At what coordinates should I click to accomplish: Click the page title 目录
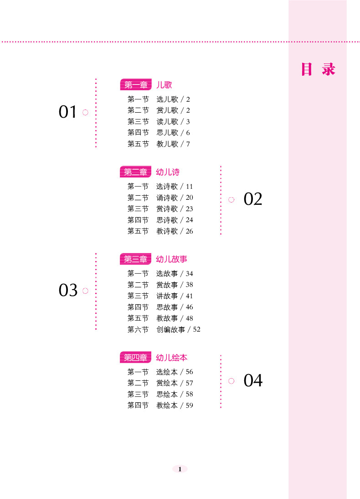(x=318, y=69)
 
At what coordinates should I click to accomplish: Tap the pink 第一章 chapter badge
(x=136, y=85)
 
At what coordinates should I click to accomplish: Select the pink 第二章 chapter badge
(x=136, y=172)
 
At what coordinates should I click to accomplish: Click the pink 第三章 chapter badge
(x=136, y=259)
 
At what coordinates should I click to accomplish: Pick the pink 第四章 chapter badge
(x=136, y=358)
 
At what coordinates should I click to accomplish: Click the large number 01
(x=68, y=112)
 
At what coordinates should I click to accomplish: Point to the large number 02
(x=253, y=199)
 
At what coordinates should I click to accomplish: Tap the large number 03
(x=68, y=290)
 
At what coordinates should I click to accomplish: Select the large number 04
(x=253, y=380)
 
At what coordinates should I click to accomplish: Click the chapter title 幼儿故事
(x=172, y=259)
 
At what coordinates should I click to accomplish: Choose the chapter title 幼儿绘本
(x=172, y=358)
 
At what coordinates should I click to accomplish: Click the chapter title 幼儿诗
(x=168, y=172)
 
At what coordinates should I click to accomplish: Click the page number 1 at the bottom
(x=180, y=469)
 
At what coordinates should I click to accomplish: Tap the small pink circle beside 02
(x=231, y=199)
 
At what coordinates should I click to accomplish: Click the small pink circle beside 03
(x=85, y=291)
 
